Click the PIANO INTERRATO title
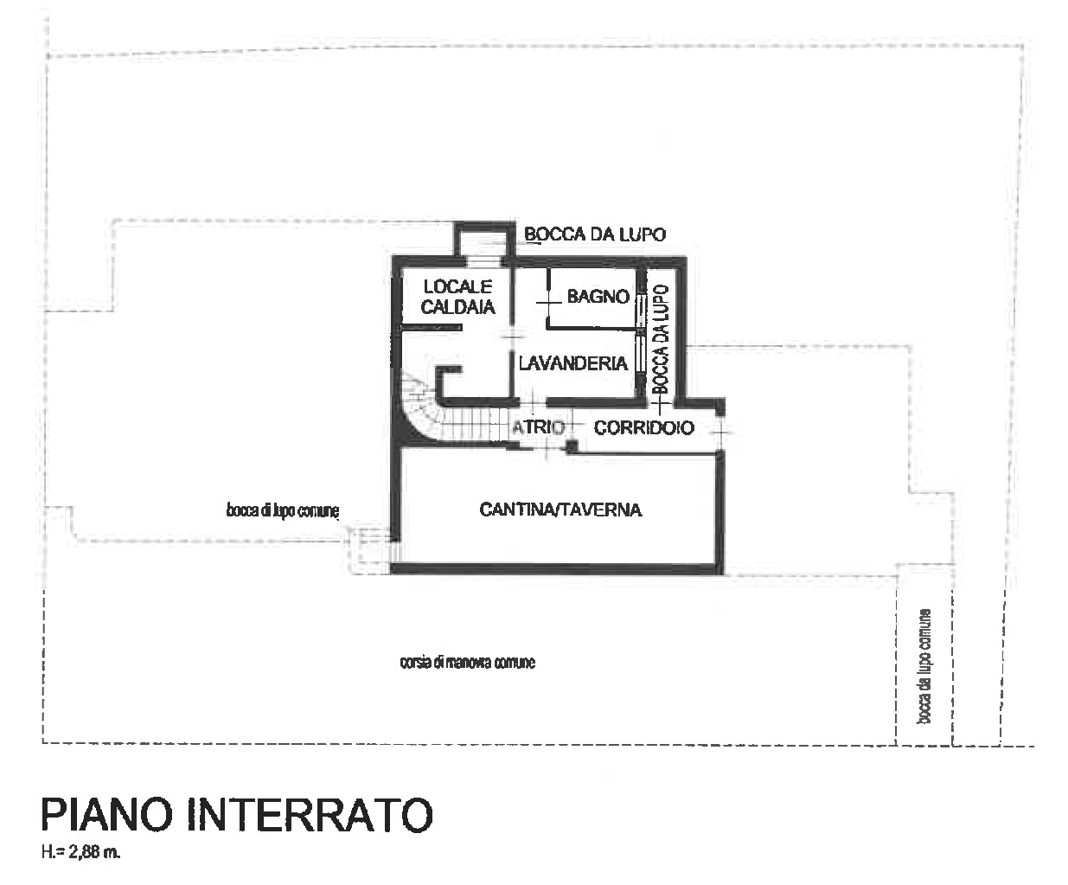pyautogui.click(x=237, y=814)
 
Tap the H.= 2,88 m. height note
pyautogui.click(x=80, y=853)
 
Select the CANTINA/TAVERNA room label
pyautogui.click(x=560, y=510)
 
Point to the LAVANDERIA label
pyautogui.click(x=572, y=363)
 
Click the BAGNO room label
pyautogui.click(x=598, y=297)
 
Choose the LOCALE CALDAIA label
pyautogui.click(x=457, y=297)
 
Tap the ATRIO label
pyautogui.click(x=538, y=426)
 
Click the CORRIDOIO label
pyautogui.click(x=644, y=427)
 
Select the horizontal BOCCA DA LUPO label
pyautogui.click(x=595, y=234)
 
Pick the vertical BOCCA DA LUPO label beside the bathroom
pyautogui.click(x=662, y=339)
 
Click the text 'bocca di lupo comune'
pyautogui.click(x=282, y=510)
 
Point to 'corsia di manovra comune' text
pyautogui.click(x=468, y=663)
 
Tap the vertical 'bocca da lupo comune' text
pyautogui.click(x=924, y=666)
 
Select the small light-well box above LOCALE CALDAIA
pyautogui.click(x=485, y=240)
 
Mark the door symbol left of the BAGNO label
pyautogui.click(x=547, y=303)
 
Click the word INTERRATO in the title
pyautogui.click(x=310, y=814)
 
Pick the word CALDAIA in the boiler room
pyautogui.click(x=457, y=306)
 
